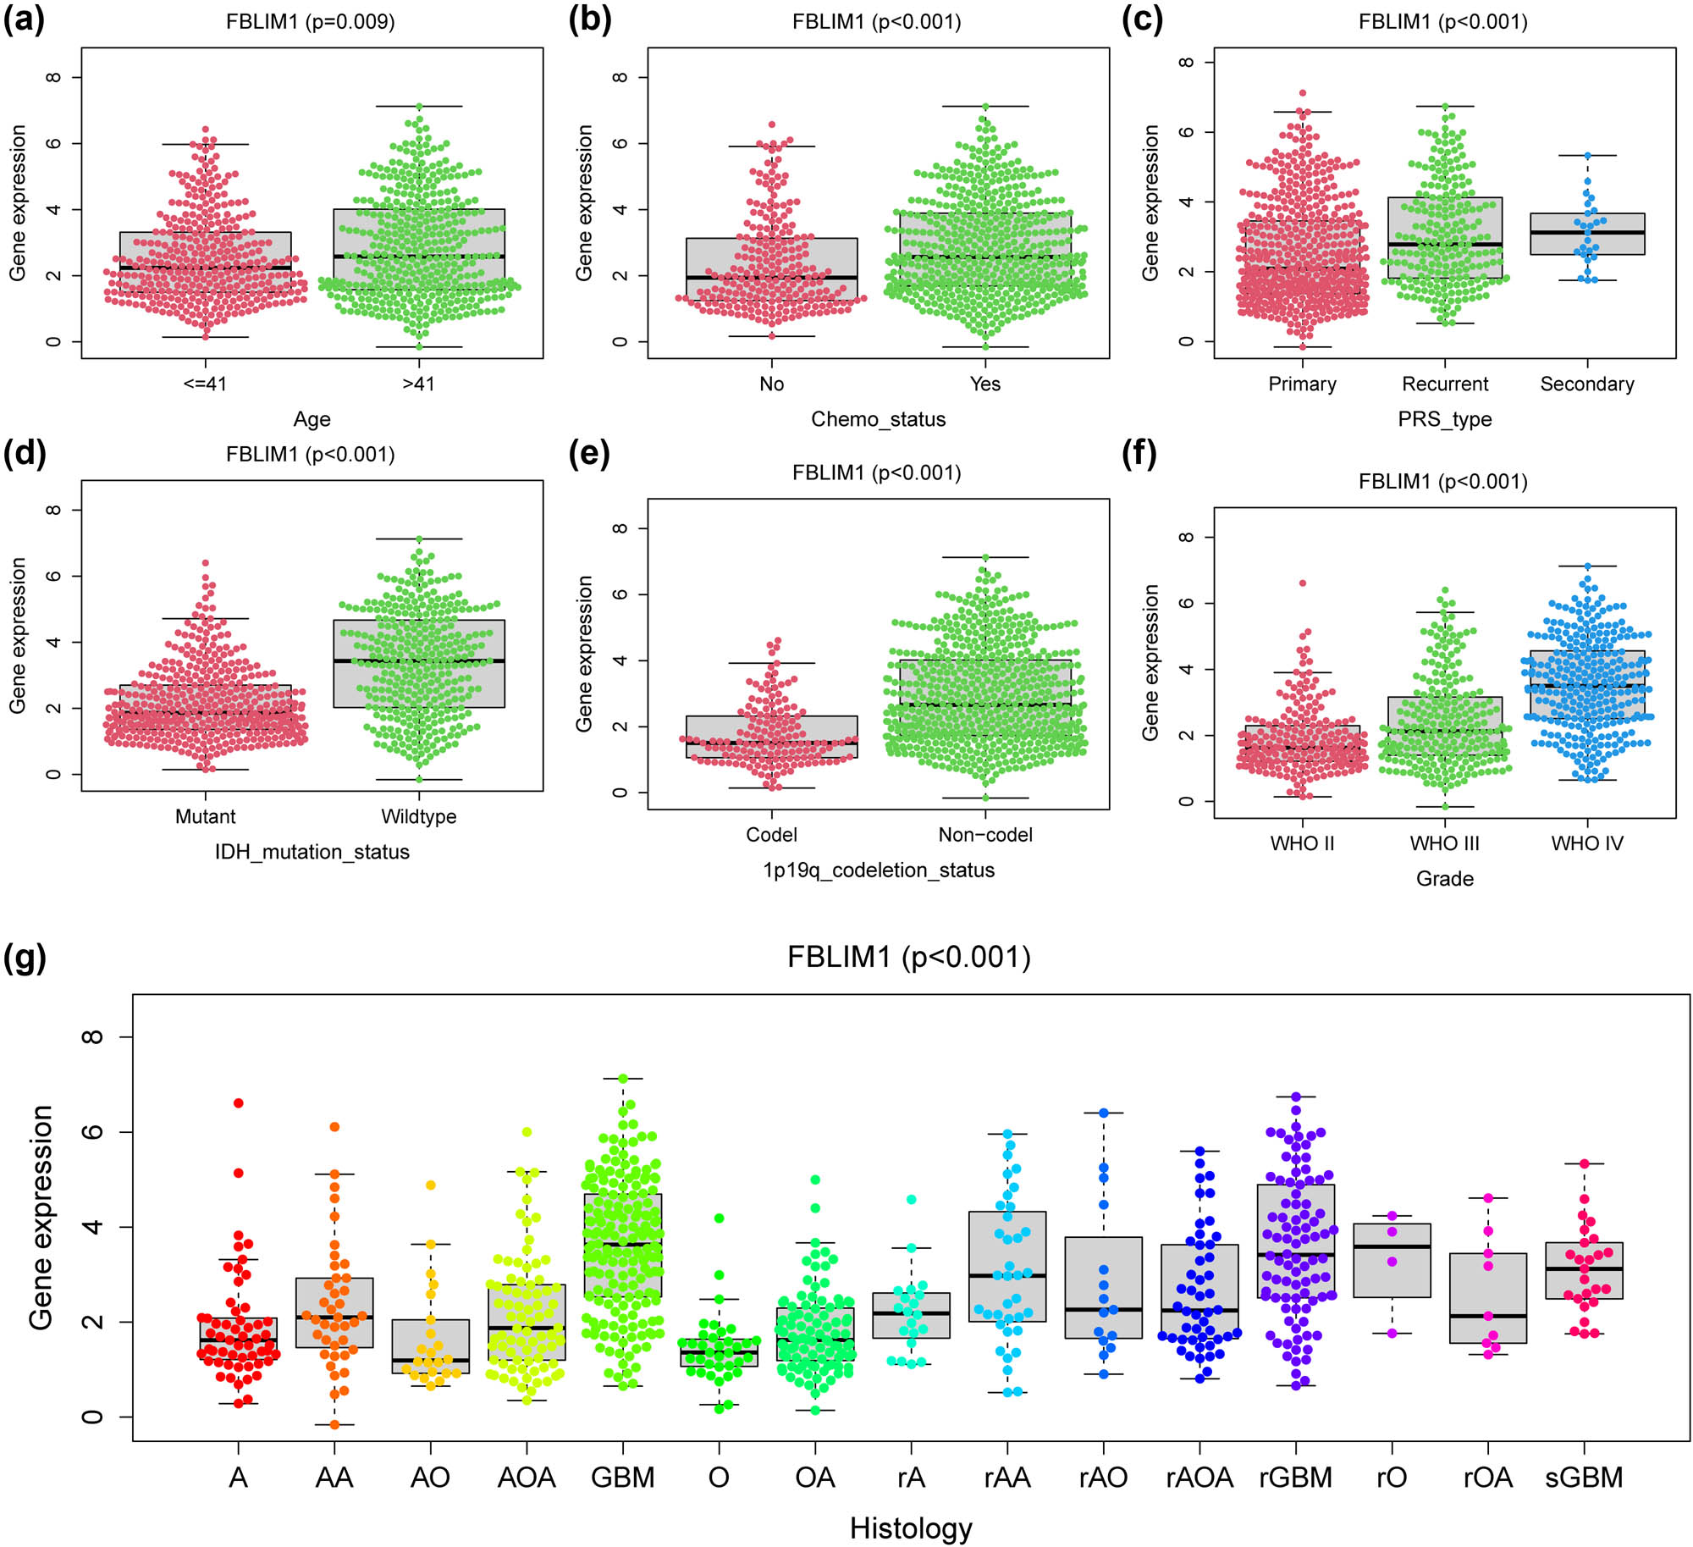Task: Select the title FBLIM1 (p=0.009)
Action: point(310,21)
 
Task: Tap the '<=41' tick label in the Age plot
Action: point(205,384)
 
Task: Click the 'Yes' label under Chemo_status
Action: point(984,384)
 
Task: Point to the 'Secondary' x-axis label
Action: point(1586,384)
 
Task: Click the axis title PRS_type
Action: point(1444,419)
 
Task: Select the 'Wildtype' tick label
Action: point(418,816)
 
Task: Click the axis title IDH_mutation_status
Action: point(312,852)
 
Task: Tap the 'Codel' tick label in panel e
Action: point(771,835)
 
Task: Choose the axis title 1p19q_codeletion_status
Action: point(878,870)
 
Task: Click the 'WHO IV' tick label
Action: point(1586,843)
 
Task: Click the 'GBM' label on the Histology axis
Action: point(622,1478)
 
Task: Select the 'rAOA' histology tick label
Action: point(1199,1478)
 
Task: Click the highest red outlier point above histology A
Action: point(239,1102)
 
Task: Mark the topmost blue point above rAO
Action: point(1103,1113)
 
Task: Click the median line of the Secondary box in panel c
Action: point(1586,232)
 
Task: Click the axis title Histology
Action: point(911,1528)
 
